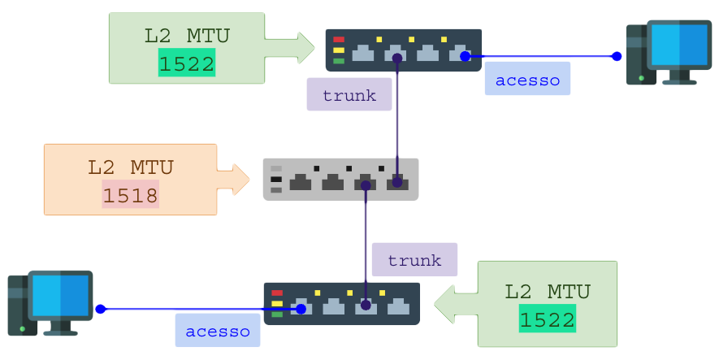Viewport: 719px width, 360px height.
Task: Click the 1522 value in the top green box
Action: (x=187, y=64)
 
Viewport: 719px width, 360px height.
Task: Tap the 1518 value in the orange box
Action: (x=130, y=195)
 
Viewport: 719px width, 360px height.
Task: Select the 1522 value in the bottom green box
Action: (x=547, y=319)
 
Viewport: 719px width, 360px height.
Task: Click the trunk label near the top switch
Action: (x=349, y=95)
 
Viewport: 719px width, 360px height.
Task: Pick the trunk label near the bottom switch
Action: (x=414, y=260)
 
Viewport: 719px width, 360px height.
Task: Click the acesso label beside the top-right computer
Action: (x=527, y=80)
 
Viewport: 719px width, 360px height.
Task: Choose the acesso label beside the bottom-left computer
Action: (x=217, y=331)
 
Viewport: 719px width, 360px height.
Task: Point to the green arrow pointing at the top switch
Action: (x=297, y=47)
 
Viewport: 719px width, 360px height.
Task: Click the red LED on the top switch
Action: (x=339, y=39)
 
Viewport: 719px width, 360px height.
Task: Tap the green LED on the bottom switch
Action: (x=277, y=314)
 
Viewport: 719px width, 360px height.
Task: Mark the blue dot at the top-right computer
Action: (x=617, y=56)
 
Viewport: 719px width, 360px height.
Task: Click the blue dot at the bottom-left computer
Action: (x=100, y=309)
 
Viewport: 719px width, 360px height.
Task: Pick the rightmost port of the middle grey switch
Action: (x=396, y=182)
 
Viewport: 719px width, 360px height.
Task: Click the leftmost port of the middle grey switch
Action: (x=301, y=183)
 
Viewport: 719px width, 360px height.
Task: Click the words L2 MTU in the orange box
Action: (x=130, y=168)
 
